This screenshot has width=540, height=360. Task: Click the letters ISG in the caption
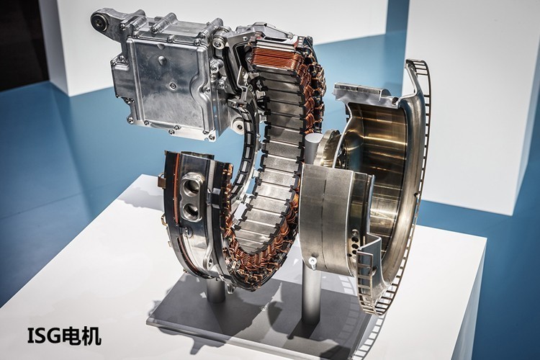45,336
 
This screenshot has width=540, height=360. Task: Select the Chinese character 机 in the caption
92,336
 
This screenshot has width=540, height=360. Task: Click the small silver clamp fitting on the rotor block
313,263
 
